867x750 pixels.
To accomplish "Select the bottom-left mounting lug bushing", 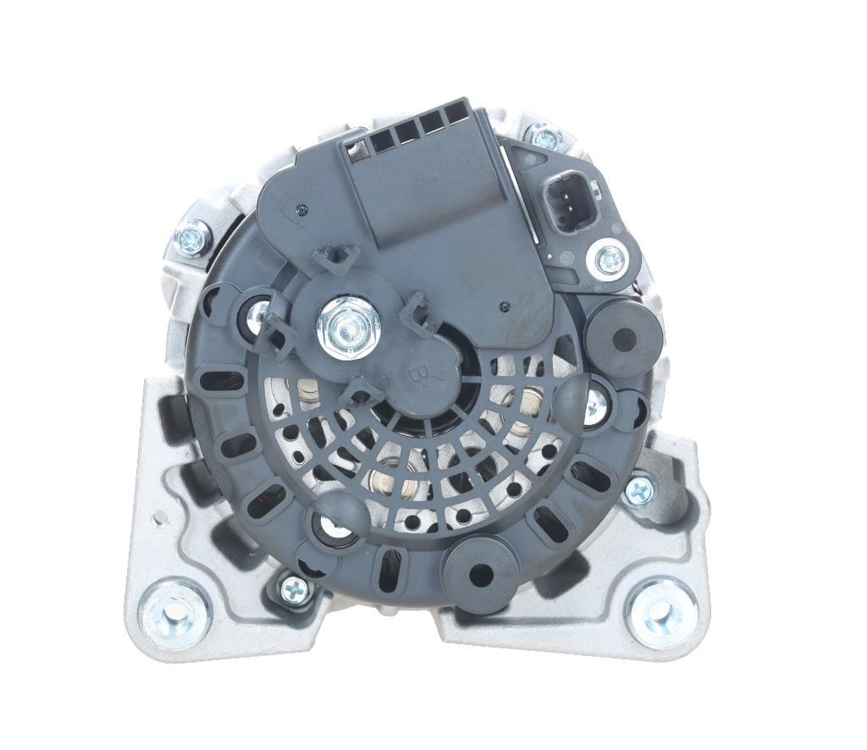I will coord(174,612).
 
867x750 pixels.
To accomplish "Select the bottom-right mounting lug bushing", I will coord(661,612).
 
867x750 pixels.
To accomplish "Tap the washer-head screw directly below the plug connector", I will coord(610,259).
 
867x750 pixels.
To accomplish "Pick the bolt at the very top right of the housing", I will coord(542,135).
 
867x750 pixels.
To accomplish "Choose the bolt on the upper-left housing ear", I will coord(192,238).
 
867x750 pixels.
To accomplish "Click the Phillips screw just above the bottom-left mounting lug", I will coord(294,588).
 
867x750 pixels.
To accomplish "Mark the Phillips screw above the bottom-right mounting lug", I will coord(638,489).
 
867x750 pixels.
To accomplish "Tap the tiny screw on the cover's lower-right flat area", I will coord(503,307).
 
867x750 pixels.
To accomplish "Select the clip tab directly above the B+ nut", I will coord(337,257).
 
